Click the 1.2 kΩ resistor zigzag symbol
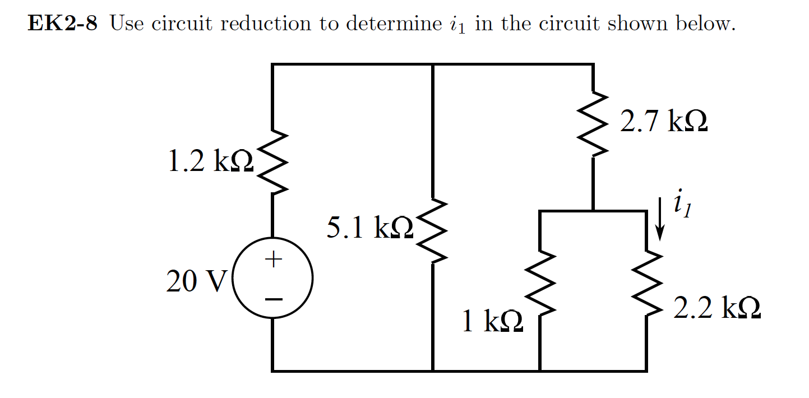[x=272, y=163]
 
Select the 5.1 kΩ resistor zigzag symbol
[x=433, y=230]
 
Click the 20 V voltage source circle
[x=272, y=279]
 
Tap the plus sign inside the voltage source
[x=273, y=259]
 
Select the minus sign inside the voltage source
[x=273, y=299]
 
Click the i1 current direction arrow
[x=660, y=219]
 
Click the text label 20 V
[x=195, y=282]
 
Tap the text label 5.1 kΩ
[x=369, y=228]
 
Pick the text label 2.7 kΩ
[x=663, y=122]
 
